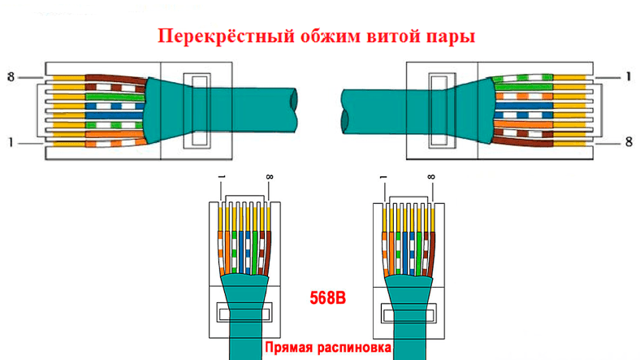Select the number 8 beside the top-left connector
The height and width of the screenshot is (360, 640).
10,77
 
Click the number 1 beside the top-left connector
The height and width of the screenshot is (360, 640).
10,143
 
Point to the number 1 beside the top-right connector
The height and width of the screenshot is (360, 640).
629,77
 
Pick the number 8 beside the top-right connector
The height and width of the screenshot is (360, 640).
629,143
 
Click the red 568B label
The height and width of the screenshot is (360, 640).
328,298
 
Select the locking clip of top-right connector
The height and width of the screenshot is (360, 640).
439,111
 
